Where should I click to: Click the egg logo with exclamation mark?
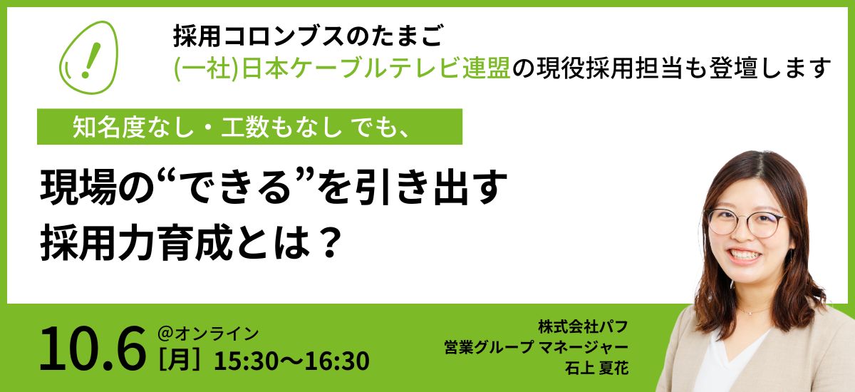point(88,57)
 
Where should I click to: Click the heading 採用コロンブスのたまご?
point(309,36)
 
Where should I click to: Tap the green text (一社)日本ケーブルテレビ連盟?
point(342,68)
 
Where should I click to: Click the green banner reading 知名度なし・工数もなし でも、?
point(249,127)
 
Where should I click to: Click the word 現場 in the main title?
point(78,187)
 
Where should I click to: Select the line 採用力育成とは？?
point(191,242)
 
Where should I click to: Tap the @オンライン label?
point(208,334)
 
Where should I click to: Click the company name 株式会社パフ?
point(583,326)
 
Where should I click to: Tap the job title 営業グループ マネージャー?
point(536,347)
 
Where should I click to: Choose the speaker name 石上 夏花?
point(596,368)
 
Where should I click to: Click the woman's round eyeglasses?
point(745,222)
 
